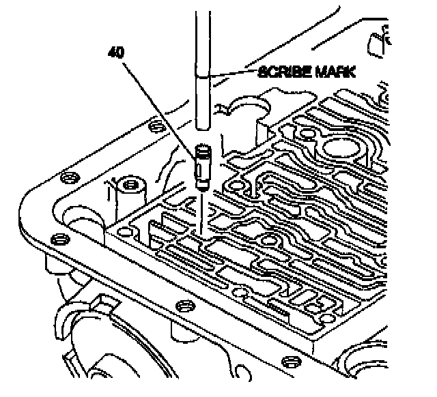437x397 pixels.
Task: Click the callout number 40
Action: coord(116,53)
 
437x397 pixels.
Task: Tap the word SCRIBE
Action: coord(284,72)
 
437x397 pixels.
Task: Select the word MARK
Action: coord(335,72)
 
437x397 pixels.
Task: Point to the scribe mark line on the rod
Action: coord(203,76)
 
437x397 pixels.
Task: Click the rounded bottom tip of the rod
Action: coord(203,128)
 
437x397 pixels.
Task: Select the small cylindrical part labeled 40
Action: coord(203,168)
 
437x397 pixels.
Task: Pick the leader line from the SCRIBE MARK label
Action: coord(234,73)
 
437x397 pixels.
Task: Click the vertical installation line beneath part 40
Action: coord(201,213)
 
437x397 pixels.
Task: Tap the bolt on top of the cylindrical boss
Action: coord(130,184)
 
